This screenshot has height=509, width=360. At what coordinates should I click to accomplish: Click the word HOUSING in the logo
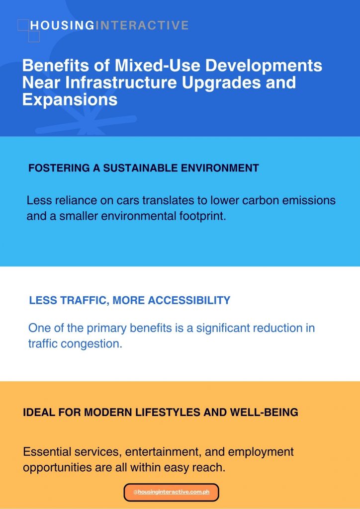[x=62, y=25]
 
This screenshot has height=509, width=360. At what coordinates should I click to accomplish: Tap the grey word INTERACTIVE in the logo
[x=141, y=25]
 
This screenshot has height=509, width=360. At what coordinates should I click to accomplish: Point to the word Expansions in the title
[x=70, y=99]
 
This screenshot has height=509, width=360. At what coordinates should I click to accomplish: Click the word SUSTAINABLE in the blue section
[x=140, y=168]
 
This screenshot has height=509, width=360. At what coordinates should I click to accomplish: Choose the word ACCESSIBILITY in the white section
[x=189, y=300]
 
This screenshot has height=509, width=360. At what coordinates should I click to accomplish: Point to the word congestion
[x=91, y=344]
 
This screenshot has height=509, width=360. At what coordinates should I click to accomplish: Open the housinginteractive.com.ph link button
[x=172, y=492]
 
